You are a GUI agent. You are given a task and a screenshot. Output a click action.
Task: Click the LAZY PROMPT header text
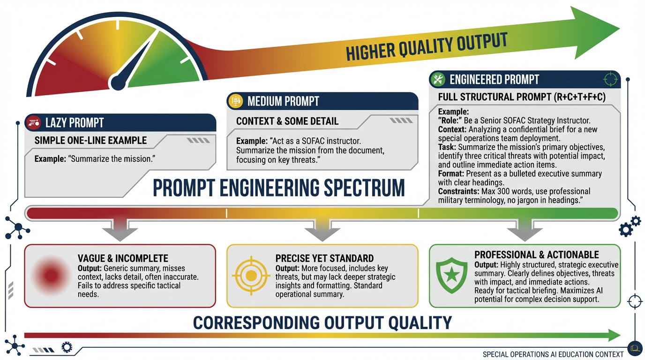[74, 123]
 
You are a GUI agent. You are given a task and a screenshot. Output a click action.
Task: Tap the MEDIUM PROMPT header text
[283, 101]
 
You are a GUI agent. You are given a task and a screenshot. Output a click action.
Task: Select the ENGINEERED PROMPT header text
[494, 80]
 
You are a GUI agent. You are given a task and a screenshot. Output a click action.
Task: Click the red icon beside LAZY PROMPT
[34, 123]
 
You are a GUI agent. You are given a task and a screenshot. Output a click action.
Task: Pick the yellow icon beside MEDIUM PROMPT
[235, 101]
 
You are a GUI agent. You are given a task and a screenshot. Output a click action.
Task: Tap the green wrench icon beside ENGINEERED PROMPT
[438, 79]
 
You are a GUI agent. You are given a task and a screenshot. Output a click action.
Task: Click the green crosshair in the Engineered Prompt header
[610, 79]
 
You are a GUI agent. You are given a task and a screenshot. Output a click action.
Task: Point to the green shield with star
[451, 275]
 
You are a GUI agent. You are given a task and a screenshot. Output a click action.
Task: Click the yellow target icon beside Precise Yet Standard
[251, 276]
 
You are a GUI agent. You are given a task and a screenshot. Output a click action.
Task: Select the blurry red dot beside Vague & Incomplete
[51, 276]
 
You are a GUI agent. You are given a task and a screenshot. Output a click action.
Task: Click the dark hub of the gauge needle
[118, 82]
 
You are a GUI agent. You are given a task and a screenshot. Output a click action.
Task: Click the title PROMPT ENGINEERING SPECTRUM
[279, 188]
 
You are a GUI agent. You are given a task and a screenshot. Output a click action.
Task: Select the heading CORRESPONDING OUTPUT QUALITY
[322, 322]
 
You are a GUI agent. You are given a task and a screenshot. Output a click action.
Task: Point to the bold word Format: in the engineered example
[451, 174]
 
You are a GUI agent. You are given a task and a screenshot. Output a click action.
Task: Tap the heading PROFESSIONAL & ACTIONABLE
[536, 255]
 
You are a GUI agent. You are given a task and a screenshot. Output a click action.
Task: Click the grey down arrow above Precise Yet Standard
[322, 230]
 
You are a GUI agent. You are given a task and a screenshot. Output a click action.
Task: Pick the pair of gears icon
[630, 227]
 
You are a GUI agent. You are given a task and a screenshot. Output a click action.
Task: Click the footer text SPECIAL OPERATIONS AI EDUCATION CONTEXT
[553, 354]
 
